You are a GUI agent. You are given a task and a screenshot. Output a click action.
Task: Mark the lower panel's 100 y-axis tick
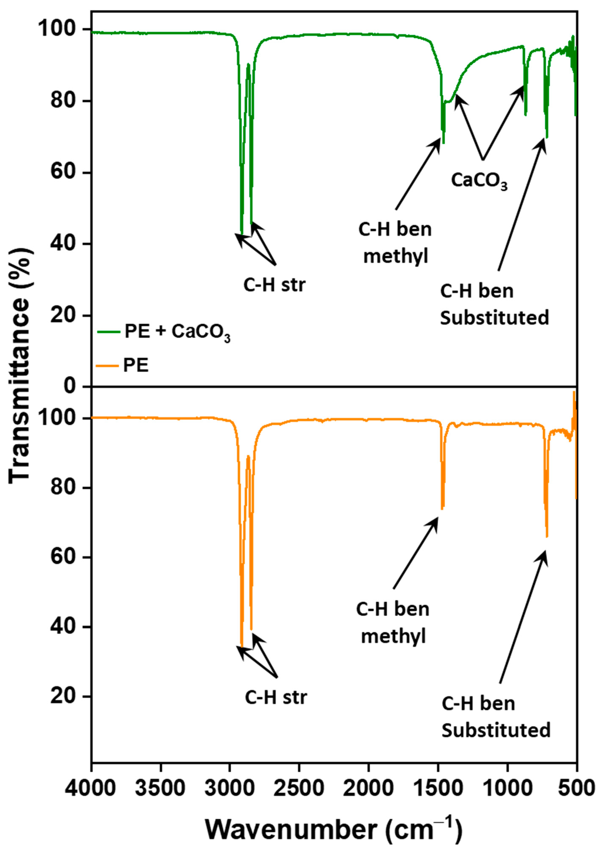pyautogui.click(x=56, y=418)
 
